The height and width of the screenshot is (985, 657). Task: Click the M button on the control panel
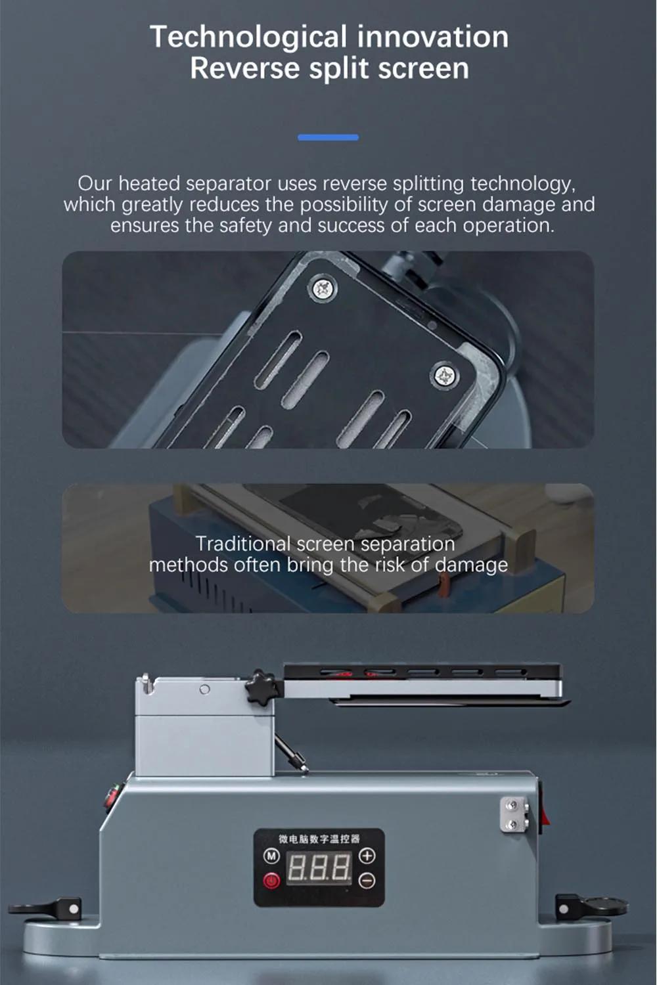pos(271,856)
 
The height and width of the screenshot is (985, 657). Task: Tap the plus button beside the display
pos(367,855)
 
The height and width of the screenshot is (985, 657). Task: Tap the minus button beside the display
pos(367,881)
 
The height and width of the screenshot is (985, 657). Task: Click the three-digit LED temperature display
pos(319,868)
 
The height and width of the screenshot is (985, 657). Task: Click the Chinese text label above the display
pos(319,839)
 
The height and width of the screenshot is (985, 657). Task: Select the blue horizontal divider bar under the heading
pos(328,138)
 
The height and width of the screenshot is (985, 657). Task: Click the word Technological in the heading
pos(248,37)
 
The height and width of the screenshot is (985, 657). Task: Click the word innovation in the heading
pos(432,37)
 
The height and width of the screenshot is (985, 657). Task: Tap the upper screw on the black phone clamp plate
pos(325,288)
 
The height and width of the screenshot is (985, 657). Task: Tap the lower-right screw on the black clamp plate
pos(444,375)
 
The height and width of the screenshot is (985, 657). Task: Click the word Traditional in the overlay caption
pos(243,544)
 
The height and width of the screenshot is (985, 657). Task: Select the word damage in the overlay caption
pos(471,565)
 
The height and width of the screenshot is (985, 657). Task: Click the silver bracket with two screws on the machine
pos(514,814)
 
